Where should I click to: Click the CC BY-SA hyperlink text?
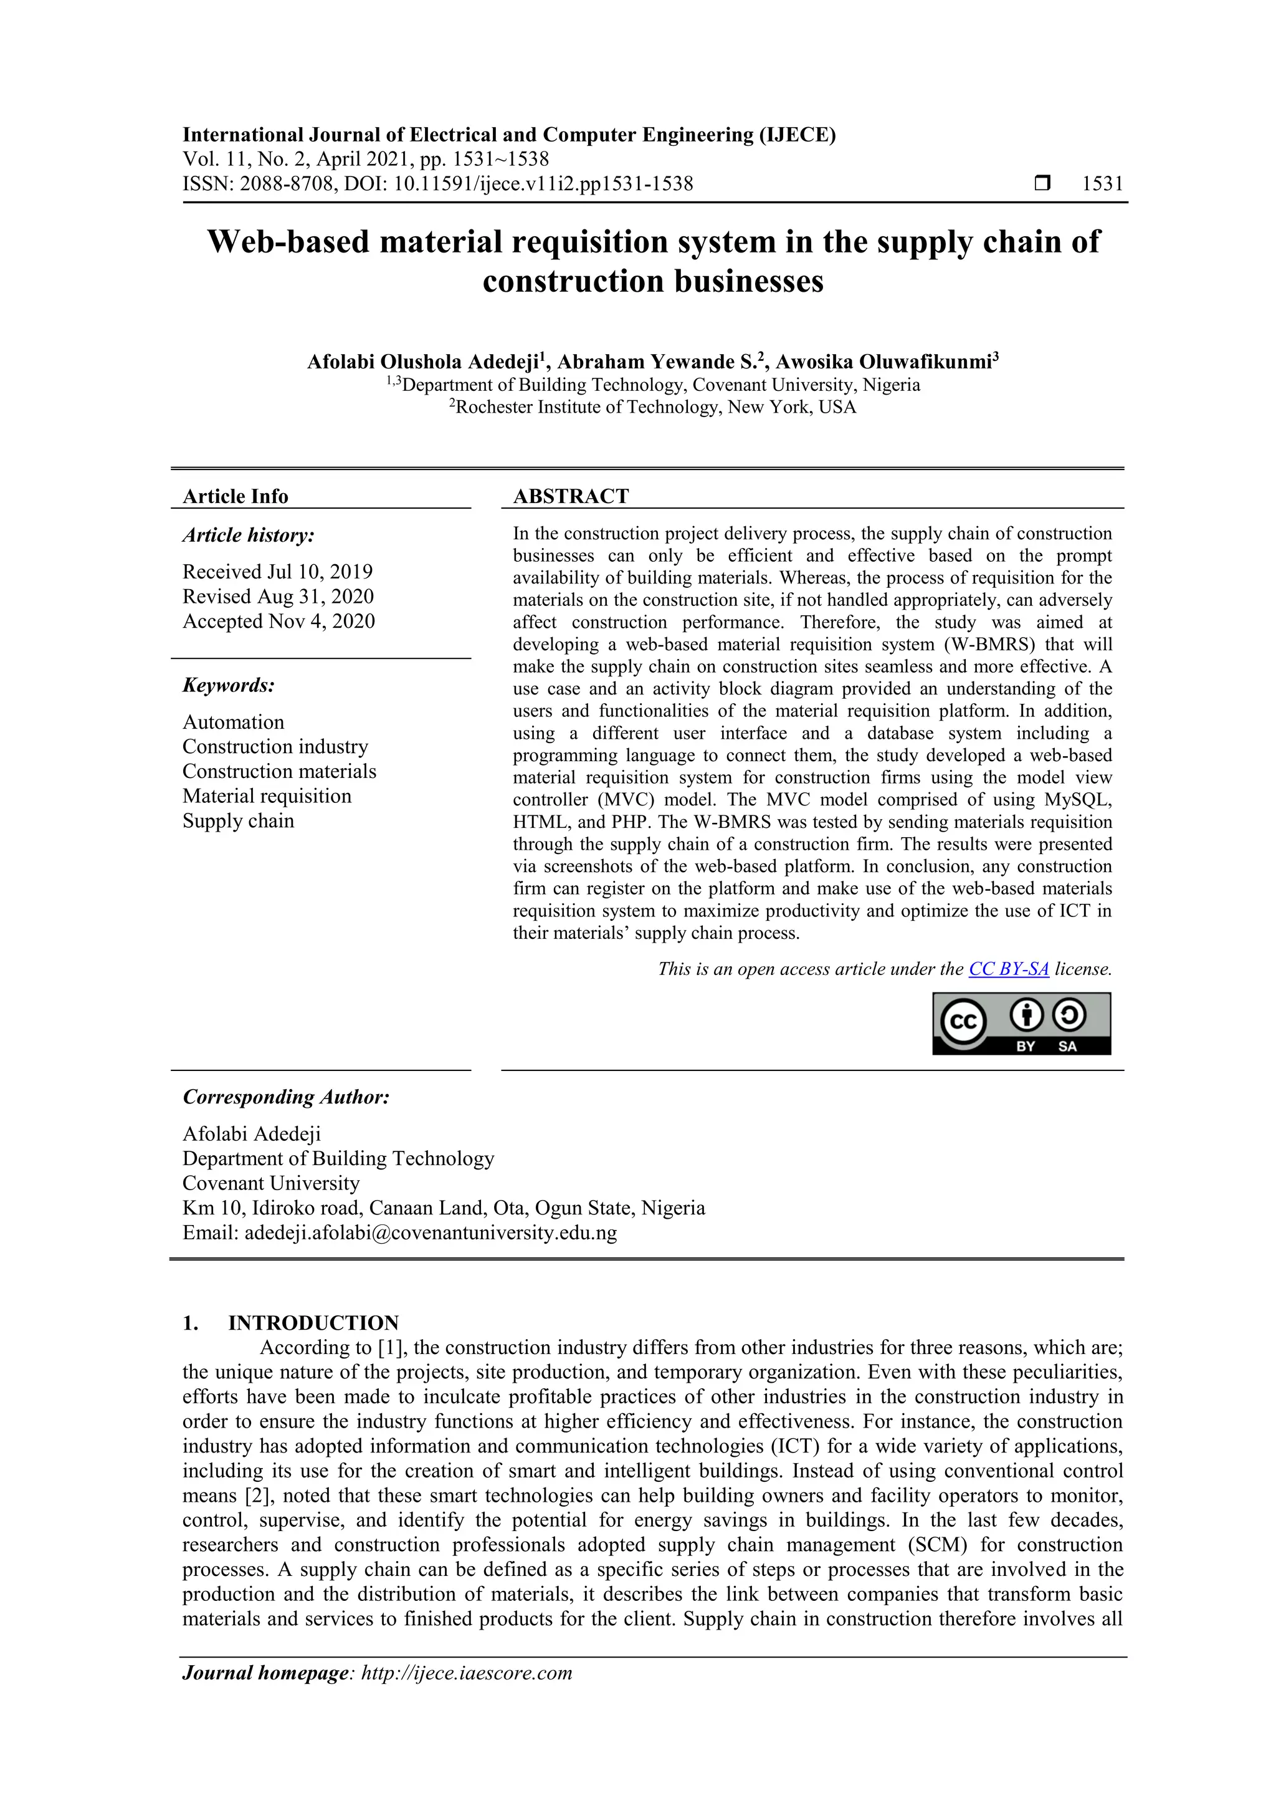click(1008, 969)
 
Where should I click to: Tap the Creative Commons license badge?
click(1021, 1024)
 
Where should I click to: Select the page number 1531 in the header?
click(1102, 184)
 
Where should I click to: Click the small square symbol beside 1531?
click(1042, 184)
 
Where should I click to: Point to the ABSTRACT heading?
click(571, 496)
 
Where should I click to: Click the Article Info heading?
click(235, 496)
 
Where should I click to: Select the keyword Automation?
click(234, 722)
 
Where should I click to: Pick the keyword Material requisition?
click(267, 796)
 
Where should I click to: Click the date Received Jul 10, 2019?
click(277, 572)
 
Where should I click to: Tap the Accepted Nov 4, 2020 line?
click(279, 622)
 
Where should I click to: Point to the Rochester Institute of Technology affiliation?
click(652, 408)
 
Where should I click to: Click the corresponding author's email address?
click(430, 1232)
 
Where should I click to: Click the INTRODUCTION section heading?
click(313, 1323)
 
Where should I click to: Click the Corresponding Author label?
click(286, 1097)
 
